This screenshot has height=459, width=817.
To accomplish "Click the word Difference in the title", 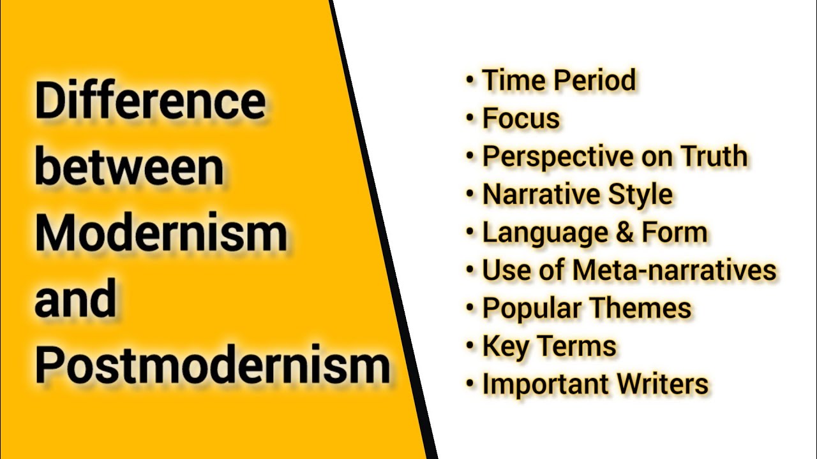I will (149, 102).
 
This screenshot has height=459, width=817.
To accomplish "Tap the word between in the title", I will (129, 167).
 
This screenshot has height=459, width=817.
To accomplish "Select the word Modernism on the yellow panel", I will (161, 233).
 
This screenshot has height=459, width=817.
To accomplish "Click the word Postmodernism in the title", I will (212, 365).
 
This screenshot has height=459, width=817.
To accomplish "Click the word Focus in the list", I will (521, 119).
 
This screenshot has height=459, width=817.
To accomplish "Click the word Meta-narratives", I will (674, 270).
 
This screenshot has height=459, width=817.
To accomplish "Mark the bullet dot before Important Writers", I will (470, 385).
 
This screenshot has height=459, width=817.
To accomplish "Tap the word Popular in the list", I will (531, 309).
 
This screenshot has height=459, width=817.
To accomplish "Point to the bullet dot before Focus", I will (470, 119).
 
